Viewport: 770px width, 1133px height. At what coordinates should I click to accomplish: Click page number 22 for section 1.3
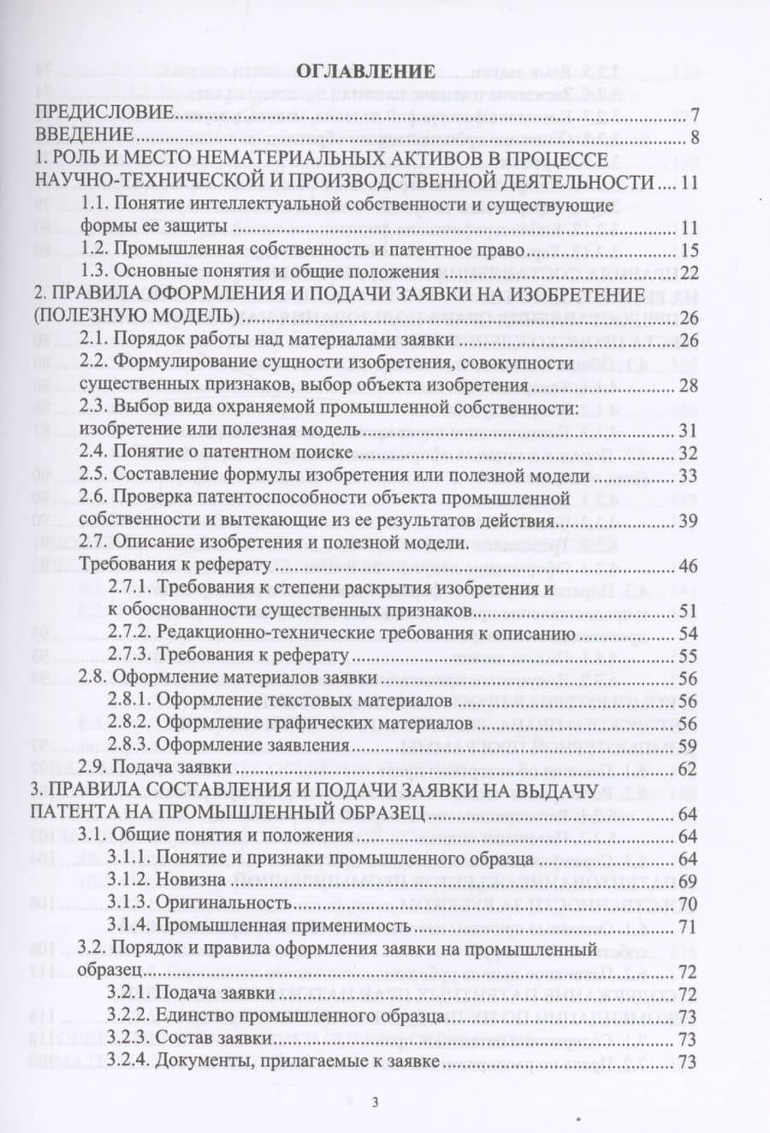[x=689, y=273]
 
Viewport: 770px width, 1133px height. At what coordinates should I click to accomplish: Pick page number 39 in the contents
[x=689, y=521]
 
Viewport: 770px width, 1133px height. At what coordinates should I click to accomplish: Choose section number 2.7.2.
[x=130, y=634]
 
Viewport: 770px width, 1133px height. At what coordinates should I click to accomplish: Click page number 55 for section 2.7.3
[x=689, y=656]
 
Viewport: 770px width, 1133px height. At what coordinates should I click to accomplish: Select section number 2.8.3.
[x=130, y=746]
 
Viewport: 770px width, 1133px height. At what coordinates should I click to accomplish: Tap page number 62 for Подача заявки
[x=689, y=768]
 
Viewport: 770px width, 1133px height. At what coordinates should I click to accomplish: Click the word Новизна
[x=192, y=880]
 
